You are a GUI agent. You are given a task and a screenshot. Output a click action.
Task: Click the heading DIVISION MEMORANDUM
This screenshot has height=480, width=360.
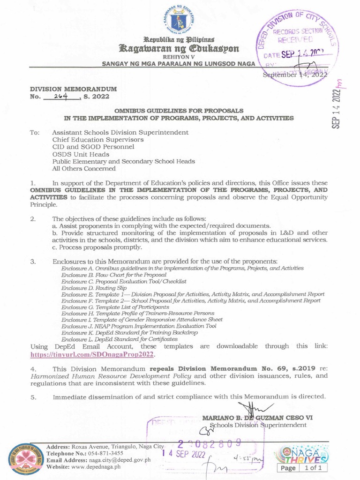pyautogui.click(x=74, y=89)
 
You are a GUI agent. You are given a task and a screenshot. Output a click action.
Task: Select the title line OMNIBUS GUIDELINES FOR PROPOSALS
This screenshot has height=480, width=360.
pyautogui.click(x=180, y=110)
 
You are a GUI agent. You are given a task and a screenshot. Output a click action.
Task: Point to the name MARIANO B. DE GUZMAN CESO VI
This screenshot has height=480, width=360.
pyautogui.click(x=257, y=418)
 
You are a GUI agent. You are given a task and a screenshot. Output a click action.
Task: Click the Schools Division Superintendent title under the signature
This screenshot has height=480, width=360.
pyautogui.click(x=258, y=425)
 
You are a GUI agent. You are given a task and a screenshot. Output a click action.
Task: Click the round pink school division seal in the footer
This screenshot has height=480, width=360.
pyautogui.click(x=26, y=460)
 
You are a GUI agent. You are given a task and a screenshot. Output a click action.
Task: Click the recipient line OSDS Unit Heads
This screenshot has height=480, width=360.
pyautogui.click(x=81, y=154)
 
